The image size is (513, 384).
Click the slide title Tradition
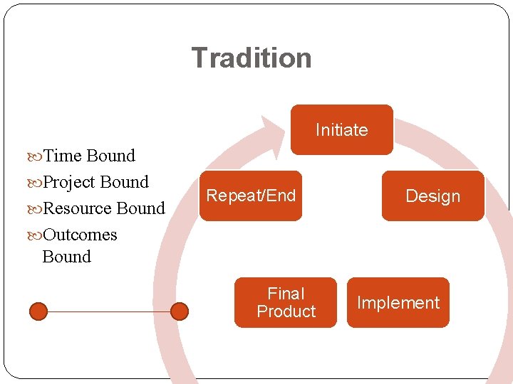[x=251, y=58]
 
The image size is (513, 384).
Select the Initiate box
[x=341, y=129]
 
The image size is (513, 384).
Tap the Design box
[x=432, y=196]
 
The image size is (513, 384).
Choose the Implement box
[x=398, y=303]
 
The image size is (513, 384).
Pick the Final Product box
[x=286, y=302]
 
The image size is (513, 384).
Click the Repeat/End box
[x=250, y=196]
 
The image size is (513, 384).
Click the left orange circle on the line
[x=38, y=311]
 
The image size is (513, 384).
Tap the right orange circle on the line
[x=180, y=311]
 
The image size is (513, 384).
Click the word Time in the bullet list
[x=63, y=156]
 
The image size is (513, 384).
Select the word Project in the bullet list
[x=69, y=182]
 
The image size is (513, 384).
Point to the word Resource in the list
[x=77, y=208]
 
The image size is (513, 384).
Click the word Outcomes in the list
[x=81, y=235]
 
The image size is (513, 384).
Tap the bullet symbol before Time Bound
[x=36, y=156]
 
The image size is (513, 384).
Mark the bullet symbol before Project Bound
[x=36, y=183]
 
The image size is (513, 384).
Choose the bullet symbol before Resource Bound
[x=36, y=209]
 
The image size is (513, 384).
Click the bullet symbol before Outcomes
[x=36, y=235]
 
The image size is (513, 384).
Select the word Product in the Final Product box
[x=286, y=311]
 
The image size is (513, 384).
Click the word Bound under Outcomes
[x=67, y=257]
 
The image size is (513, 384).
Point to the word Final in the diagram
[x=286, y=294]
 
